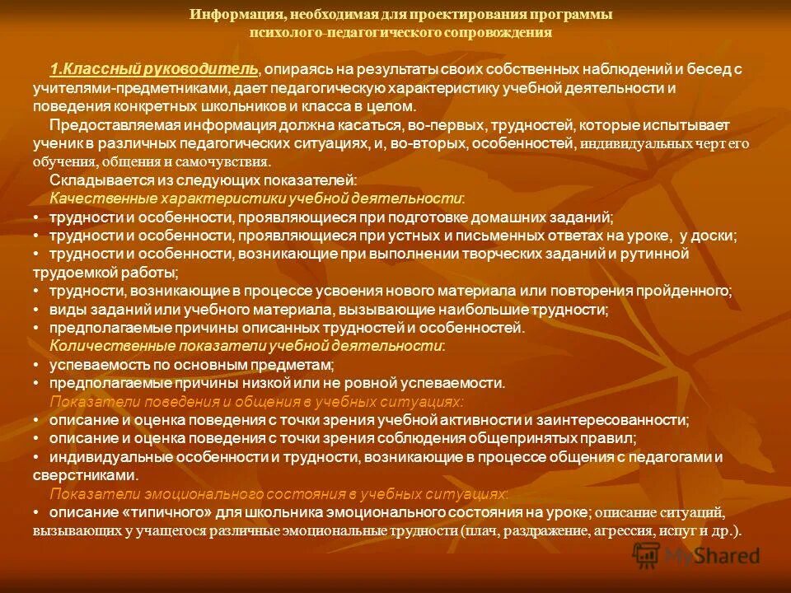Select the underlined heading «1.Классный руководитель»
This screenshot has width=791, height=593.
154,69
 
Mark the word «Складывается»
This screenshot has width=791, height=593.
91,180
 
